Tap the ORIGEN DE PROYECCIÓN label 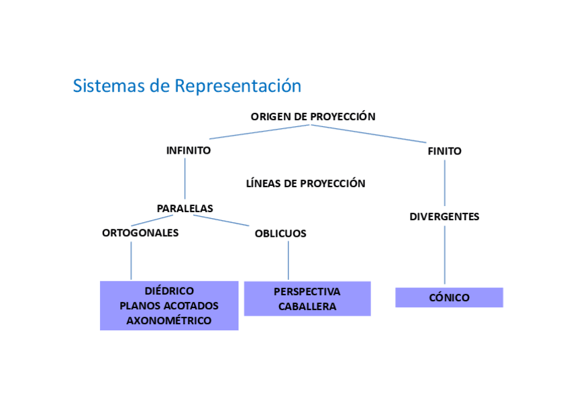point(313,117)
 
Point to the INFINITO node point(189,150)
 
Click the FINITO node point(444,151)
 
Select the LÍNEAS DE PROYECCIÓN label point(305,183)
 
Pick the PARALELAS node point(185,208)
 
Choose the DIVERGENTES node point(444,217)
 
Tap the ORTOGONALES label point(140,233)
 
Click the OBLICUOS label point(280,234)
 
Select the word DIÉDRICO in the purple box point(169,291)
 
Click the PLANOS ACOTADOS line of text point(169,306)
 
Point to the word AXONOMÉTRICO point(169,321)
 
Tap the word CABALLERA point(307,307)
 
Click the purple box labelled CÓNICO point(450,297)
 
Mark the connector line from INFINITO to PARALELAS point(185,178)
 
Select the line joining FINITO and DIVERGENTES point(444,183)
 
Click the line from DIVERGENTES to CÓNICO point(444,255)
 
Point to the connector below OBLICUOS point(288,260)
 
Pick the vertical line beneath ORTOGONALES point(131,260)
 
